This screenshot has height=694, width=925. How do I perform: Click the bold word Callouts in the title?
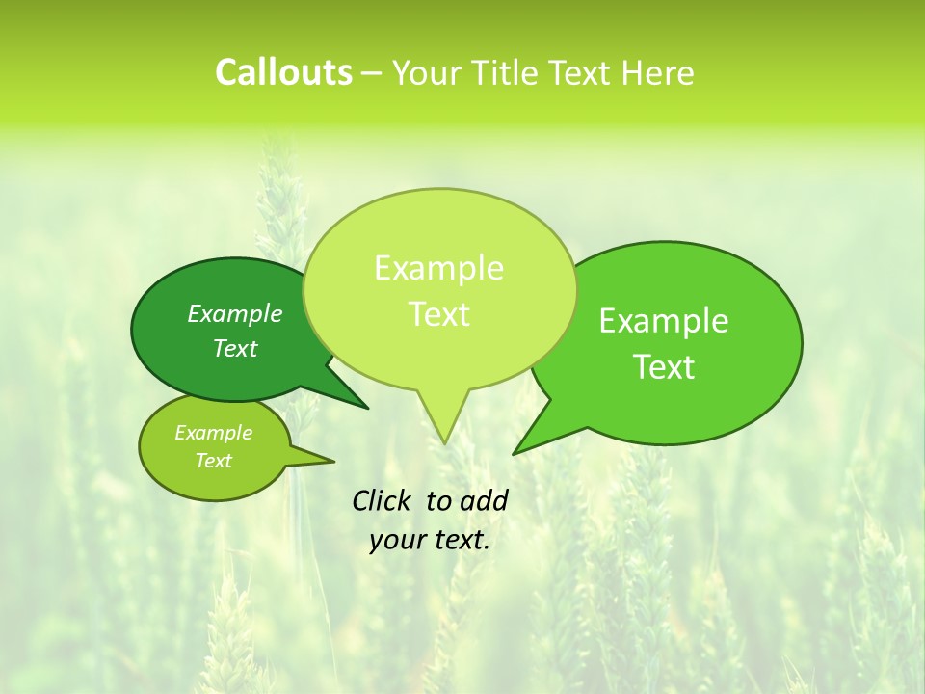[x=283, y=73]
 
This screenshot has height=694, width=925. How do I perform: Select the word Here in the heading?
[x=658, y=73]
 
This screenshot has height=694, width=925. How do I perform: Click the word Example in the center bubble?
[x=438, y=268]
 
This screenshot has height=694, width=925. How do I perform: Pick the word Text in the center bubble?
[x=438, y=314]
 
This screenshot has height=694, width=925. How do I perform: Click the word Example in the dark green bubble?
[x=234, y=313]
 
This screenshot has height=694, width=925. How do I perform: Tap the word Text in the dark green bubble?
[x=234, y=348]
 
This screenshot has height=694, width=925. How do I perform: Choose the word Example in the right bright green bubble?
[x=664, y=321]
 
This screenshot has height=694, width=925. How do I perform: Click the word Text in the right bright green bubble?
[x=664, y=367]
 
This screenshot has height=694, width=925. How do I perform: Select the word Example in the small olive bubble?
[x=213, y=433]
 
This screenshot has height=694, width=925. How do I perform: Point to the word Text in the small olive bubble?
[x=213, y=461]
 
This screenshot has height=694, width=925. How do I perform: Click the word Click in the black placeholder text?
[x=383, y=500]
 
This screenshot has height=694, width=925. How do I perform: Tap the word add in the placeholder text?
[x=484, y=500]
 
